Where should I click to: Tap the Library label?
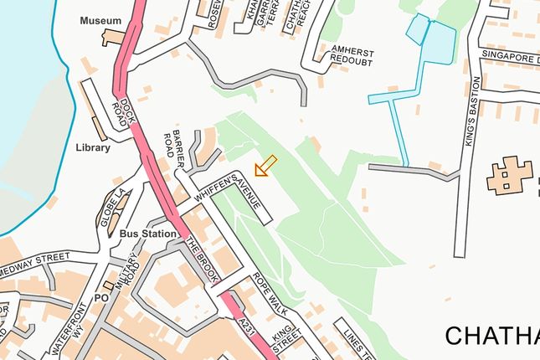tap(92, 148)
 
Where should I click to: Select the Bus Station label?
tap(148, 234)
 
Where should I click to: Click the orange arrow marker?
tap(265, 166)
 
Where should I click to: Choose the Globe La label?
tap(116, 204)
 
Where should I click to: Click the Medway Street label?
tap(39, 260)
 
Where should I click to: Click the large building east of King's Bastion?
tap(508, 176)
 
